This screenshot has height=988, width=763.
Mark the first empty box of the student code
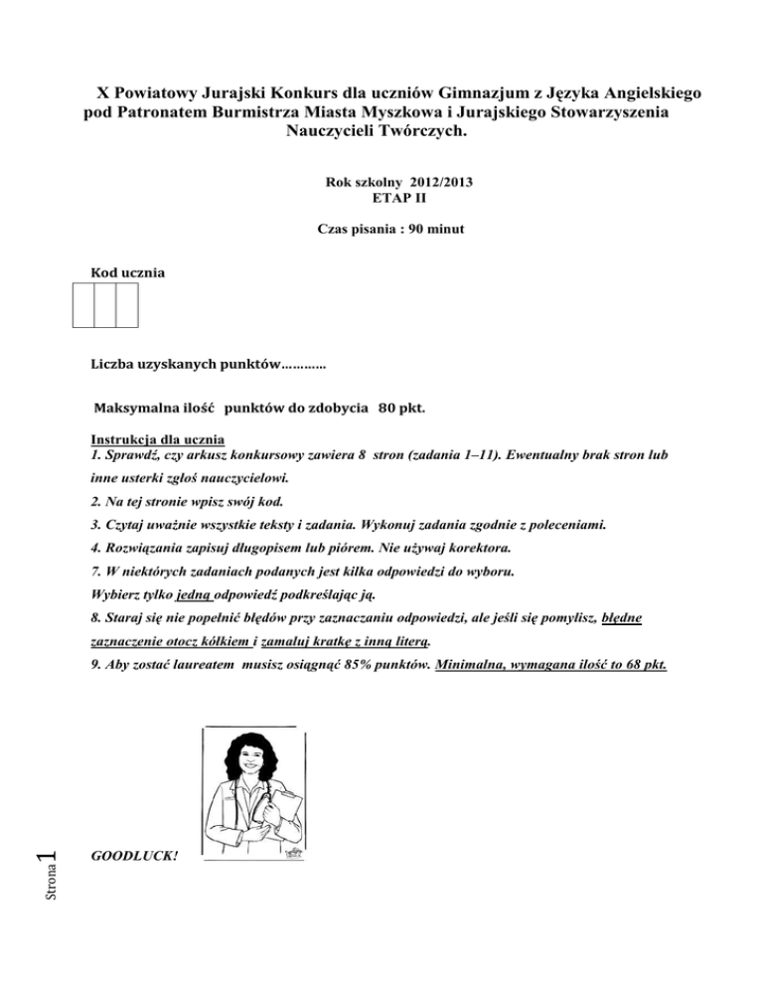pos(83,305)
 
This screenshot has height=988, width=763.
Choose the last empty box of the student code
pos(127,305)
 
